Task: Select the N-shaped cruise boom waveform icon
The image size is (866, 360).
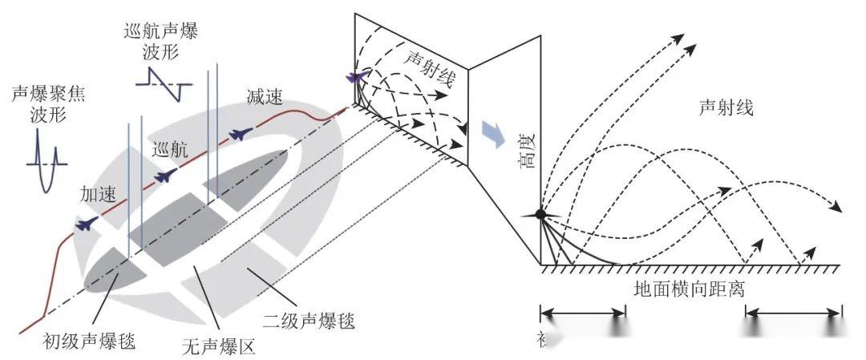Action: coord(167,82)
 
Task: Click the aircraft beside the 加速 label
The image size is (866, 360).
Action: coord(86,224)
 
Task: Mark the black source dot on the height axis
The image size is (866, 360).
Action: coord(540,214)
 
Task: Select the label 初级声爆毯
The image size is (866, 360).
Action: coord(88,342)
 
